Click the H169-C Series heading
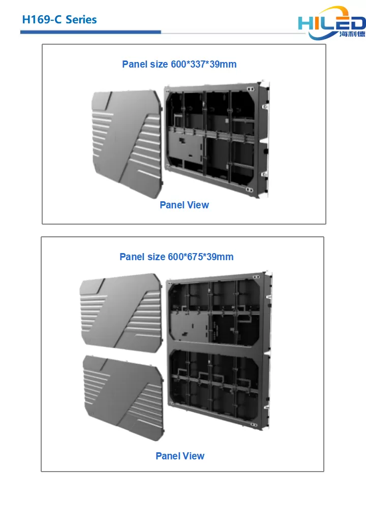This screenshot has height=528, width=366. pos(59,19)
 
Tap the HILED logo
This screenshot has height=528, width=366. pos(331,23)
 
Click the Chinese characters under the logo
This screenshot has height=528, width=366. pos(352,34)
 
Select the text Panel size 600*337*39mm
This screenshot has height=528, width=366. pos(179,64)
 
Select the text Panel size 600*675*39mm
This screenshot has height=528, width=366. pos(176,257)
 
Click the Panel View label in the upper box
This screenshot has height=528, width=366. pos(184,205)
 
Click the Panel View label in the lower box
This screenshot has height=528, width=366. pos(180,456)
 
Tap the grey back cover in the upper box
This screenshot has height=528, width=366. pos(127,143)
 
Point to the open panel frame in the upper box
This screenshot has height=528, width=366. pos(217,139)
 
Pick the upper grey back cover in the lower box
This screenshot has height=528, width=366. pos(121,313)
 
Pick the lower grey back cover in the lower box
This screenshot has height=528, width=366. pos(124,397)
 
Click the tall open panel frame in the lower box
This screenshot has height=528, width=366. pos(219,351)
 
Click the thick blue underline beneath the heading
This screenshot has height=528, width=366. pos(90,33)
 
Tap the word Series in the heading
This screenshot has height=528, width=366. pos(81,19)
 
